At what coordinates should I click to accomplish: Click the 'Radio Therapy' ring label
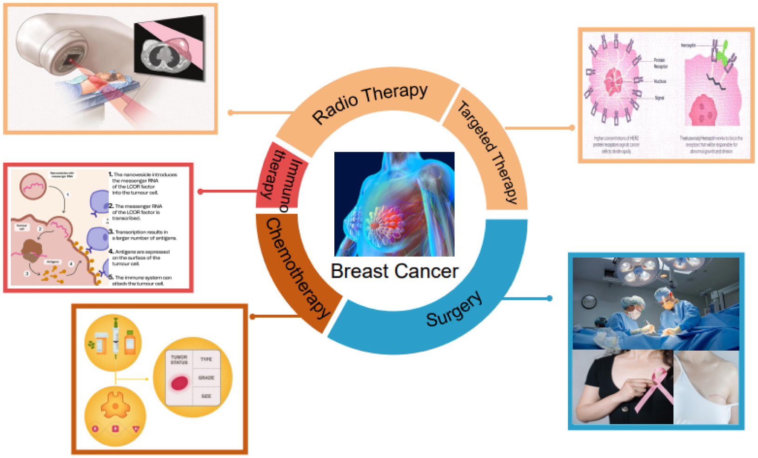370,103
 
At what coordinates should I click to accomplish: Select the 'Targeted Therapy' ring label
487,151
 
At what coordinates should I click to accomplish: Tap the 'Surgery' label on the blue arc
454,309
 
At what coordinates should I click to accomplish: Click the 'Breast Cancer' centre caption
394,272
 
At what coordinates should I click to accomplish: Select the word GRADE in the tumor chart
206,378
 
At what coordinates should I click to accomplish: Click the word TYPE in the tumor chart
206,359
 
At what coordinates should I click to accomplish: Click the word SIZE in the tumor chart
206,396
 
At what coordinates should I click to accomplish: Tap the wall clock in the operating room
589,302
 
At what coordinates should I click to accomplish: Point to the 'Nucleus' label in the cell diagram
659,81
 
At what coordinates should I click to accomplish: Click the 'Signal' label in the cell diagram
659,98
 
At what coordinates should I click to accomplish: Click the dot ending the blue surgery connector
550,298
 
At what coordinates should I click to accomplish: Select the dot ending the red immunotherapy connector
200,192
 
